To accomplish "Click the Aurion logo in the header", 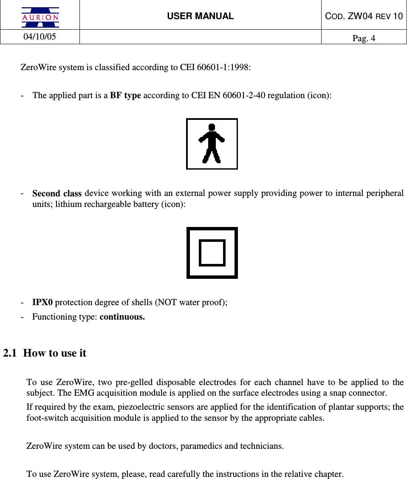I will [41, 17].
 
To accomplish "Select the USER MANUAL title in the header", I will [200, 16].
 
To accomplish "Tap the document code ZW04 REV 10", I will [364, 16].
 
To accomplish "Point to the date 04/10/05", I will [40, 37].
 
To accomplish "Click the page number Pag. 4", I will [364, 39].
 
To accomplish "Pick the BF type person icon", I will [212, 144].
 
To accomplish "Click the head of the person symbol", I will [212, 127].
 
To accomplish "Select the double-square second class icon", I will [212, 252].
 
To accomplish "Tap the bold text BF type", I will [125, 95].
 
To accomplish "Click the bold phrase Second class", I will [57, 193].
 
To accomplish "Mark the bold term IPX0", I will [42, 303].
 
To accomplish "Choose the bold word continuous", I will [122, 317].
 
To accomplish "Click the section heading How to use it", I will [55, 353].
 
